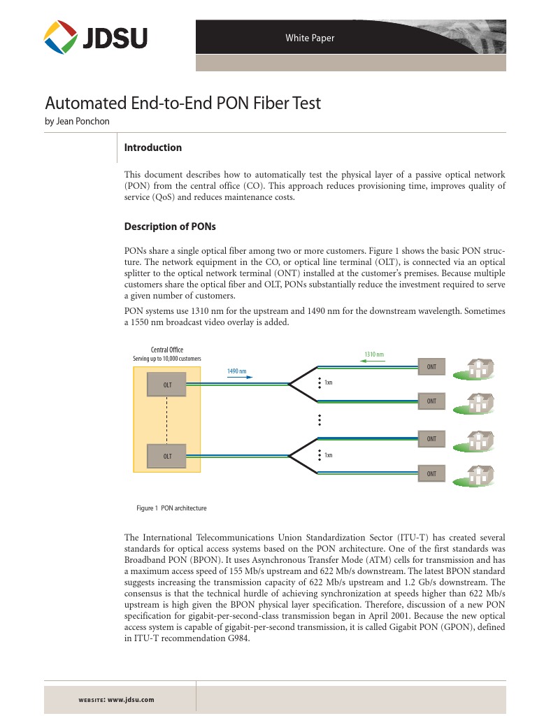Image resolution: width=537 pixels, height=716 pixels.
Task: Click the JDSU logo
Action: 96,36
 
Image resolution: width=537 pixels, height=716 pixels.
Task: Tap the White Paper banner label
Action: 310,38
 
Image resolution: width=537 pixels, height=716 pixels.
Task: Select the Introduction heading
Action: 152,148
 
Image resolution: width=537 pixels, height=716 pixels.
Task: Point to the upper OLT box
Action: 167,385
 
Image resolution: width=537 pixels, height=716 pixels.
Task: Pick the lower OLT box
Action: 167,456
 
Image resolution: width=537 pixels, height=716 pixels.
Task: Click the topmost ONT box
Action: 431,366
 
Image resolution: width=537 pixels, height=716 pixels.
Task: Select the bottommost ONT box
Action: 431,473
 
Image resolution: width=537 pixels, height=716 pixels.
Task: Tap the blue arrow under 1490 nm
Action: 240,377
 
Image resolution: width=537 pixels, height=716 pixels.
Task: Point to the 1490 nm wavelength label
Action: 237,371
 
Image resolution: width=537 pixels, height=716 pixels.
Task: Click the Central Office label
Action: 167,350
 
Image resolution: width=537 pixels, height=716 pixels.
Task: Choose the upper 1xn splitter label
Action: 328,382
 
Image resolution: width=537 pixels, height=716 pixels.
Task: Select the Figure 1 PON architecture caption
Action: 171,508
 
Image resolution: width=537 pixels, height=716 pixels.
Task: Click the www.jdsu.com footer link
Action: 131,699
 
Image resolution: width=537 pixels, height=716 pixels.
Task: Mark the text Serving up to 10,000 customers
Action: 167,359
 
